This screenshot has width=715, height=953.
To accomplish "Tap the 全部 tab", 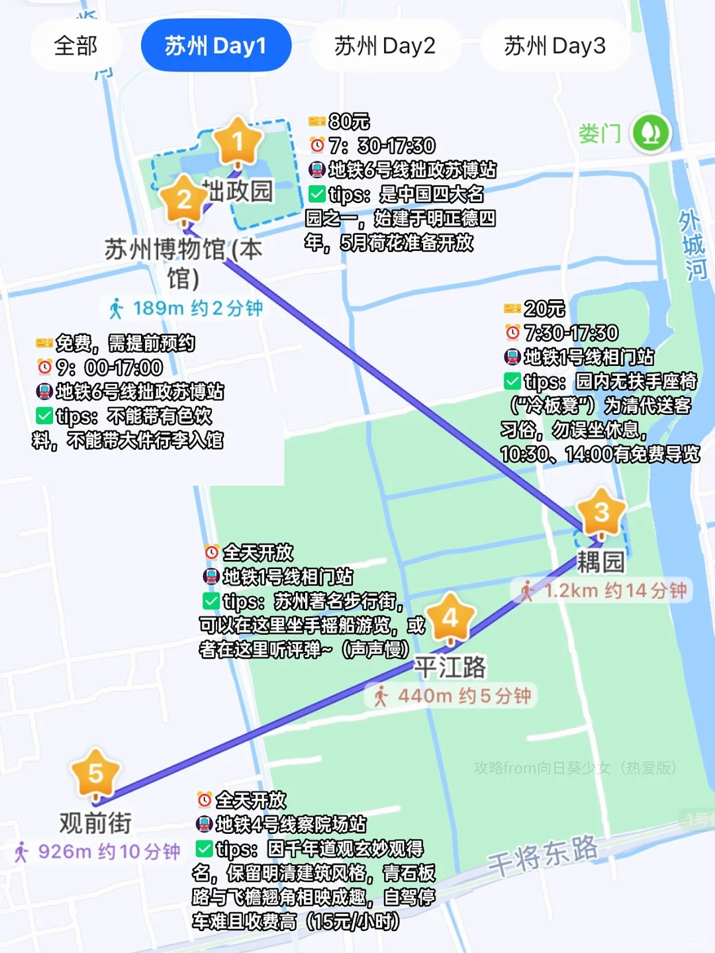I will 75,46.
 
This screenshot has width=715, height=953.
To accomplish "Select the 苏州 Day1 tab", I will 216,46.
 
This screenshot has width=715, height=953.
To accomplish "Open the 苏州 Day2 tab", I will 385,46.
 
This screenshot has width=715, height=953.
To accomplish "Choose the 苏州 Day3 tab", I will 555,46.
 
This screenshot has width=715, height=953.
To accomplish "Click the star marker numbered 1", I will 238,142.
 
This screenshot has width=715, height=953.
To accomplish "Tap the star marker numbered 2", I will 184,199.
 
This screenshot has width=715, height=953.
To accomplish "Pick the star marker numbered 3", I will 601,512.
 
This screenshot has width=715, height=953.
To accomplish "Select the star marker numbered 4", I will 450,618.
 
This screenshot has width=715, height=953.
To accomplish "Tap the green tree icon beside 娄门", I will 651,132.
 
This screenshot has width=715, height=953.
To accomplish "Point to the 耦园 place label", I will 600,562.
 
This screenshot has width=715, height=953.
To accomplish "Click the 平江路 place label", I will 450,666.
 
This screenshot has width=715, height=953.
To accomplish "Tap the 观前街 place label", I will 95,823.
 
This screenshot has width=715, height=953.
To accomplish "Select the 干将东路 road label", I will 543,854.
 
